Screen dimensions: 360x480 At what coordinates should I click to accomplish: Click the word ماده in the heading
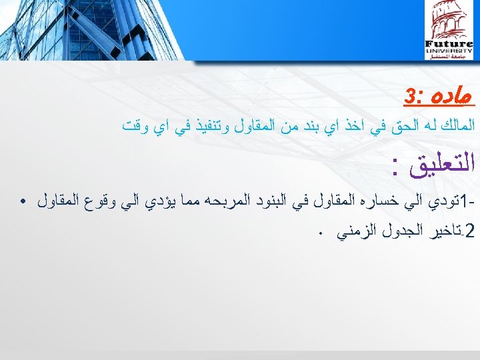[453, 98]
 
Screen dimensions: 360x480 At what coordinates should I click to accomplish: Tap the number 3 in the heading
[409, 99]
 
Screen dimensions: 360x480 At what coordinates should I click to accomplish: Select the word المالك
[454, 124]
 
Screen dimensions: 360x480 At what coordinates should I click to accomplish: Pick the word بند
[315, 124]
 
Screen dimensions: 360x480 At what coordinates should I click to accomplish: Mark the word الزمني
[359, 233]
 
